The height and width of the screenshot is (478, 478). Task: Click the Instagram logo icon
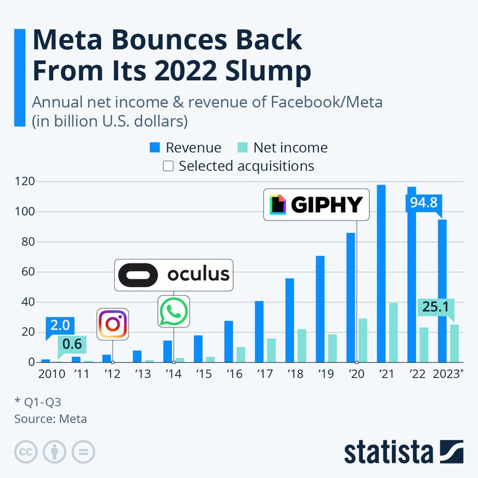tap(112, 324)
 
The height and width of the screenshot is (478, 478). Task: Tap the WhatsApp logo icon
tap(173, 311)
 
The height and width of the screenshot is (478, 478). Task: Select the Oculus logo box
tap(173, 275)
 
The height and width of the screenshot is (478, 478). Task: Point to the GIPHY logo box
tap(317, 205)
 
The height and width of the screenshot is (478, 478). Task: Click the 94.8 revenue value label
tap(423, 203)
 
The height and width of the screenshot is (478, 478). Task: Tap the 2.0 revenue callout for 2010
tap(61, 326)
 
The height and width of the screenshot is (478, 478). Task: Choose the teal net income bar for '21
tap(393, 332)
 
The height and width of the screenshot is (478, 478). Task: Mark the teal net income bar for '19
tap(332, 348)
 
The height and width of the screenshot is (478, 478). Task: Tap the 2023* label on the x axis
tap(448, 375)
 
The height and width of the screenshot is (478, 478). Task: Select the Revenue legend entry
tap(185, 148)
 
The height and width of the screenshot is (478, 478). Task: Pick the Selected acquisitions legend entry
tap(239, 166)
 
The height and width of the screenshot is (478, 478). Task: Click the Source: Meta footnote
tap(51, 419)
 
